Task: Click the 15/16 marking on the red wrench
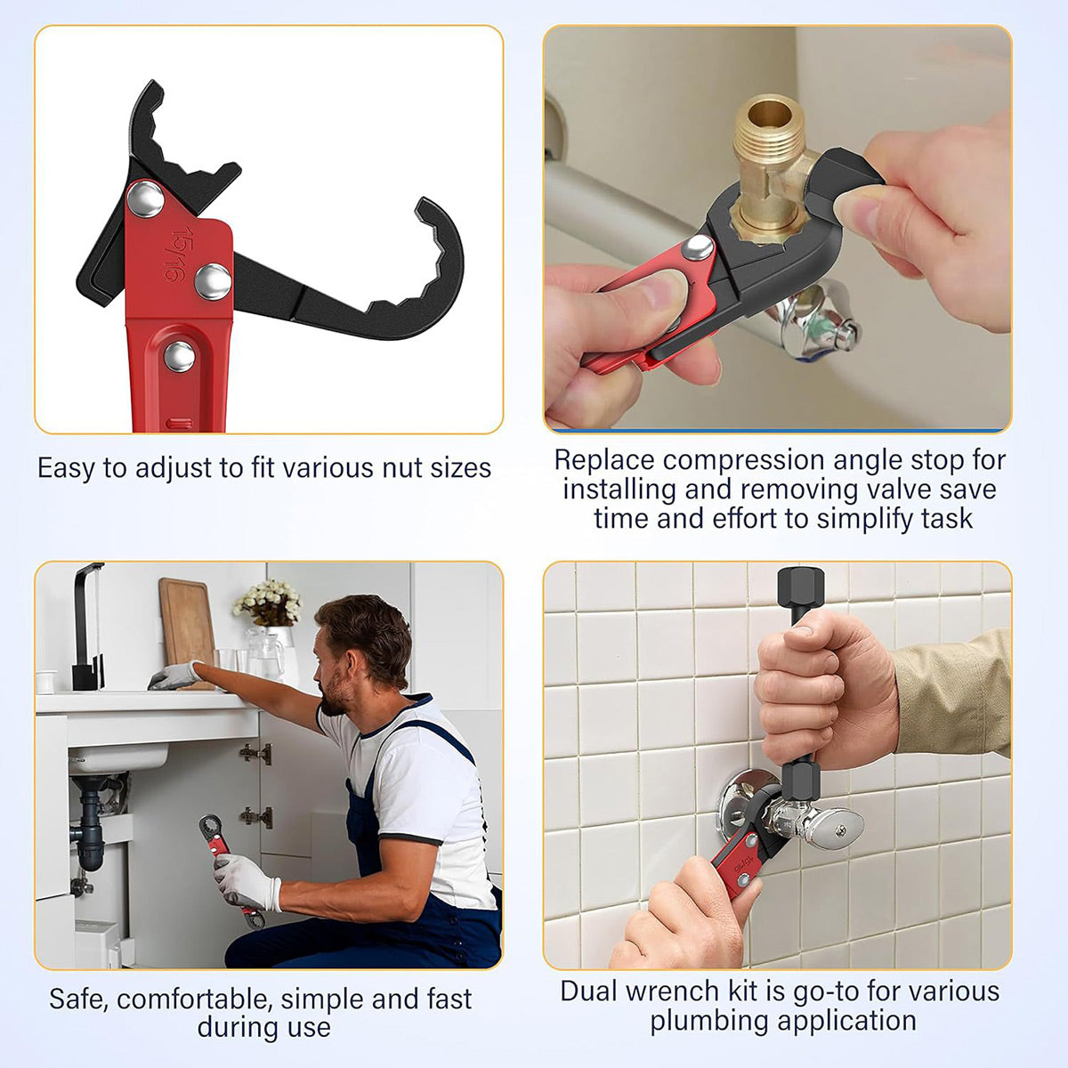pos(177,257)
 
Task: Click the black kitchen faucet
pos(86,623)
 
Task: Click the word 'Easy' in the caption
pos(67,468)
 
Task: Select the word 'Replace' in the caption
pos(604,460)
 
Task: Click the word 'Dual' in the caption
pos(589,991)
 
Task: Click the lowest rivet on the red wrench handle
pos(179,356)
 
